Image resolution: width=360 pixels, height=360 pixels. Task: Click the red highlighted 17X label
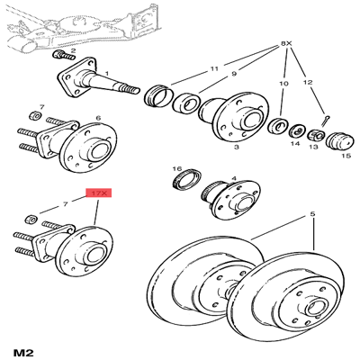[x=99, y=193]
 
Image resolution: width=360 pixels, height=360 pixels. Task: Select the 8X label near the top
[x=286, y=44]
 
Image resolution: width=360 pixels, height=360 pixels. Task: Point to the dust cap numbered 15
[x=338, y=141]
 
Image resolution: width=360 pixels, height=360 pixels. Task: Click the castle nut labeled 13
[x=316, y=134]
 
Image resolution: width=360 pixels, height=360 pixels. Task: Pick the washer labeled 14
[x=297, y=130]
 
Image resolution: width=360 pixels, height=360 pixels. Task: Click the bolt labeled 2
[x=64, y=55]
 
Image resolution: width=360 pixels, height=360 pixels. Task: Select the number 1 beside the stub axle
[x=107, y=73]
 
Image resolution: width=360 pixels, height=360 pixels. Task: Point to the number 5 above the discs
[x=313, y=214]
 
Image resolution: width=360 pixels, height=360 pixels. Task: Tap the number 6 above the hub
[x=98, y=118]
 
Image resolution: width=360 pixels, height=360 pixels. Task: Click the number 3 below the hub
[x=237, y=147]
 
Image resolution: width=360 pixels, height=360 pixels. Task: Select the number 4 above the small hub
[x=234, y=179]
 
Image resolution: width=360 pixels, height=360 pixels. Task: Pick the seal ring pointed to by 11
[x=158, y=95]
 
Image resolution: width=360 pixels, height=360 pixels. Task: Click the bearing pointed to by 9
[x=187, y=103]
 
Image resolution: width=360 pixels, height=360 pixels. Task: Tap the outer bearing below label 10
[x=278, y=126]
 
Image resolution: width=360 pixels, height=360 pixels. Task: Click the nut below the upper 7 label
[x=36, y=115]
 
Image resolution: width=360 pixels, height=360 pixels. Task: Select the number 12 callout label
[x=308, y=82]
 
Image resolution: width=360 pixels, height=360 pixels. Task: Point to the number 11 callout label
[x=214, y=68]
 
